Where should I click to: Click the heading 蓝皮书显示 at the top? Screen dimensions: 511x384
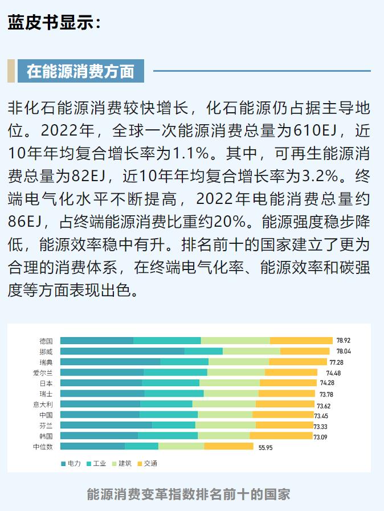pyautogui.click(x=55, y=22)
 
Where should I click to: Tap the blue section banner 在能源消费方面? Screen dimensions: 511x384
pyautogui.click(x=80, y=71)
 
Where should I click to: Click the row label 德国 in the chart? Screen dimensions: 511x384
pyautogui.click(x=46, y=341)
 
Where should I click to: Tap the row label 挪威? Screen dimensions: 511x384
pyautogui.click(x=46, y=351)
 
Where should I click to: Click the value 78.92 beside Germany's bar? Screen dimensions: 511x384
pyautogui.click(x=343, y=341)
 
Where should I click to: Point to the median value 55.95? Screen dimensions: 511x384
pyautogui.click(x=265, y=448)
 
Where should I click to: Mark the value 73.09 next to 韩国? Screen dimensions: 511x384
pyautogui.click(x=321, y=437)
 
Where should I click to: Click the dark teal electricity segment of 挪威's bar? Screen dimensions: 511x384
pyautogui.click(x=122, y=351)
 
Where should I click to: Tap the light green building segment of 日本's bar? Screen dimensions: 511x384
pyautogui.click(x=229, y=383)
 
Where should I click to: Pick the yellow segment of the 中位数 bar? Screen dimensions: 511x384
pyautogui.click(x=228, y=447)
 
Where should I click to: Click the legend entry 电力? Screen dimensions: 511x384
pyautogui.click(x=71, y=463)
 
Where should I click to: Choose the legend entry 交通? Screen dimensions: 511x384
pyautogui.click(x=147, y=463)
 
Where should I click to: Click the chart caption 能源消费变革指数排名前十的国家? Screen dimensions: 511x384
pyautogui.click(x=189, y=494)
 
